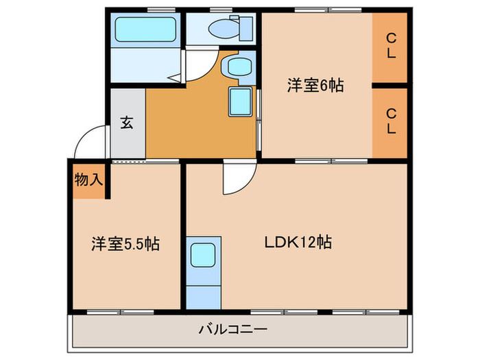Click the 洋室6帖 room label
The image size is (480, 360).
315,86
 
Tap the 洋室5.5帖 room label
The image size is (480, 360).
125,243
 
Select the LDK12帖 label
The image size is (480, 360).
299,242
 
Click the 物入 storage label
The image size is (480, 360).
88,180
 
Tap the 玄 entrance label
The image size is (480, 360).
128,123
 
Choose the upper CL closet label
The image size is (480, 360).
390,47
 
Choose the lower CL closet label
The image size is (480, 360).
390,121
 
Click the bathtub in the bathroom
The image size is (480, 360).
146,29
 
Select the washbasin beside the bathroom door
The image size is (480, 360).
237,67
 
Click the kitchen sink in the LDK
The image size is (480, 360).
204,254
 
